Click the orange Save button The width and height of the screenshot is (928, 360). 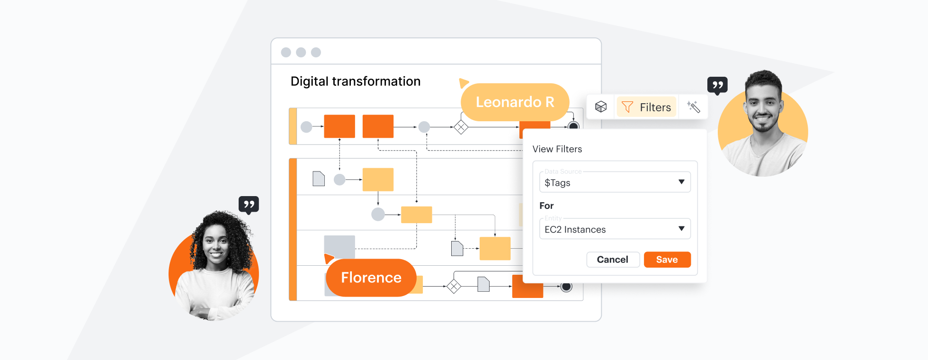pyautogui.click(x=667, y=260)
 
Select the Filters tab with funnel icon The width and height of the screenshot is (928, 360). pyautogui.click(x=646, y=107)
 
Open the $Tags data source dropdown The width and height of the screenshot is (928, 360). pyautogui.click(x=615, y=182)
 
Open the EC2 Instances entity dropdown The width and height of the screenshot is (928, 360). pyautogui.click(x=615, y=229)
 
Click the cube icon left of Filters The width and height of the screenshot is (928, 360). pyautogui.click(x=601, y=107)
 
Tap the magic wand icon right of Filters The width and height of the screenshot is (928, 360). pyautogui.click(x=694, y=107)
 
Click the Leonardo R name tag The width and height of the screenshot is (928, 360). pyautogui.click(x=515, y=102)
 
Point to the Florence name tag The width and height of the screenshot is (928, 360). pyautogui.click(x=371, y=278)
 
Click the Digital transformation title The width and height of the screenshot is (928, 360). pyautogui.click(x=355, y=81)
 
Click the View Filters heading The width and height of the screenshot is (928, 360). pyautogui.click(x=557, y=149)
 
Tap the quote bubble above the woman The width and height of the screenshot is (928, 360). pyautogui.click(x=249, y=205)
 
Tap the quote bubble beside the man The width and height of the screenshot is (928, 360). pyautogui.click(x=717, y=85)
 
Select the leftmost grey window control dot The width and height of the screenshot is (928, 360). pyautogui.click(x=286, y=52)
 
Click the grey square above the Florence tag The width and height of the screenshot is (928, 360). pyautogui.click(x=339, y=245)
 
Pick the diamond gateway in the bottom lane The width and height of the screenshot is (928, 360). pyautogui.click(x=454, y=286)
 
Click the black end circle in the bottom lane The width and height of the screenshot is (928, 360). pyautogui.click(x=566, y=286)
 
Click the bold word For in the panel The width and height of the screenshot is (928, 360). pyautogui.click(x=546, y=206)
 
